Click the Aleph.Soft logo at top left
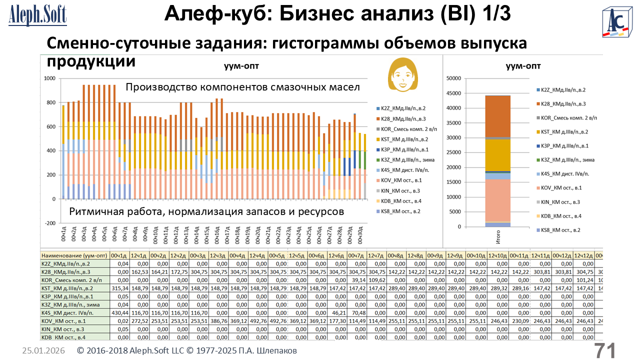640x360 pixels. [37, 14]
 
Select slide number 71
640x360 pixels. [604, 350]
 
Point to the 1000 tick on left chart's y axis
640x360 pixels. [49, 78]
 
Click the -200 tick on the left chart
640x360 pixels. [49, 223]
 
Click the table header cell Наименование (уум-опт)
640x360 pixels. [75, 254]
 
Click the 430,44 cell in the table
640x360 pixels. [119, 312]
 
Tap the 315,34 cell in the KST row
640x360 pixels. [119, 288]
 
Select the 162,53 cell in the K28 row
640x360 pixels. [138, 271]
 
